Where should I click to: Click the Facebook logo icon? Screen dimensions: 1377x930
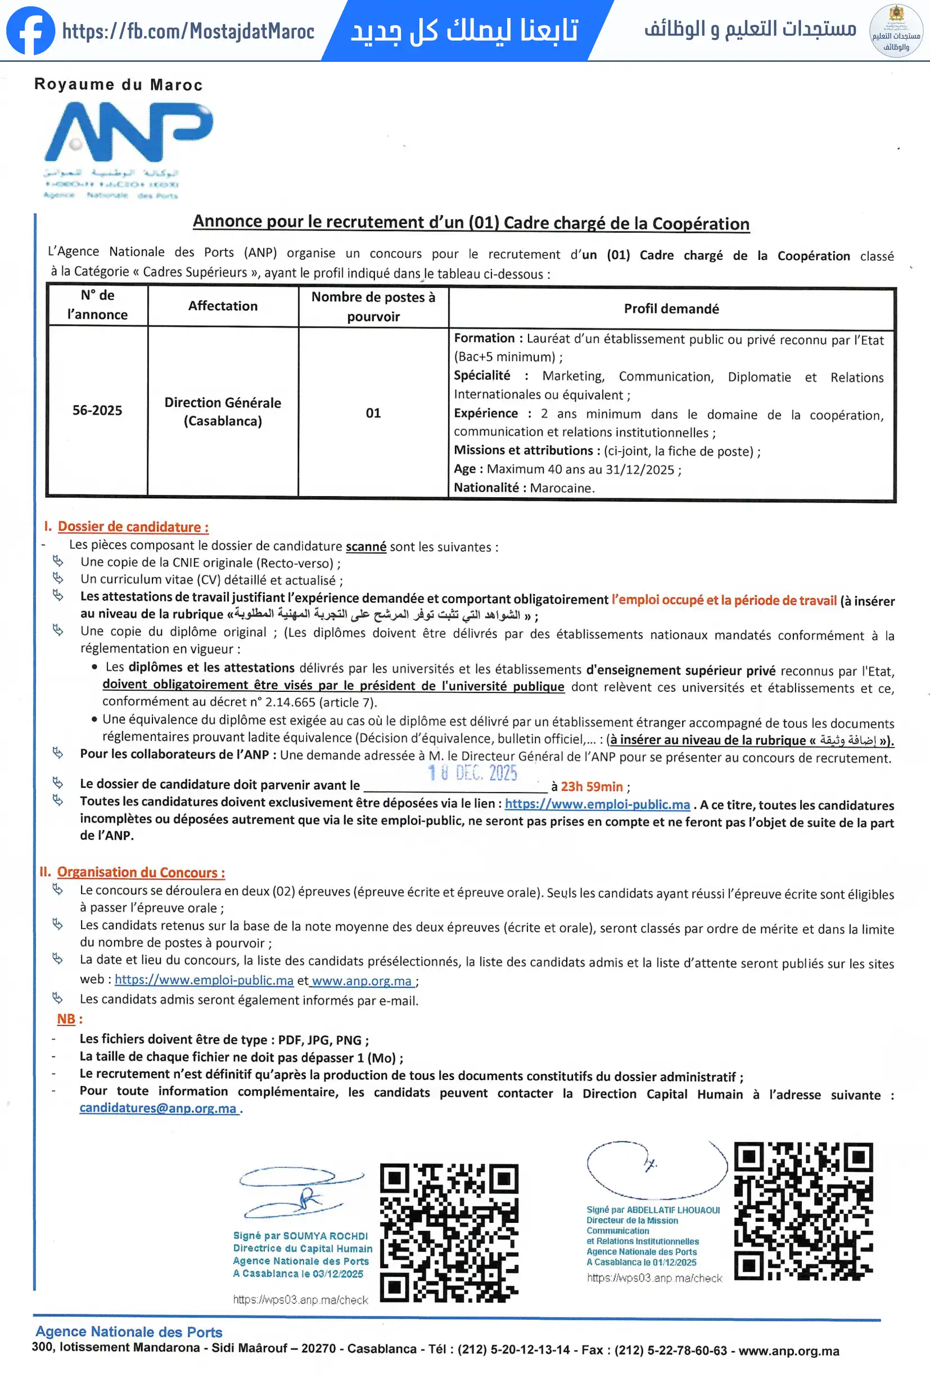[30, 31]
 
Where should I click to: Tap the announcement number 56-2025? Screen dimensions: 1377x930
[97, 410]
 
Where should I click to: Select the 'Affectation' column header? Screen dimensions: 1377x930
[223, 306]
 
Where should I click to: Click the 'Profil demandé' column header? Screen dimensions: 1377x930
[671, 308]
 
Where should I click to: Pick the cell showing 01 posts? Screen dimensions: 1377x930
[373, 412]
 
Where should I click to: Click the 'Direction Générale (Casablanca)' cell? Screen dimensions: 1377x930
[223, 411]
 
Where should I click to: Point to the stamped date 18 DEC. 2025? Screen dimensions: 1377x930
[473, 773]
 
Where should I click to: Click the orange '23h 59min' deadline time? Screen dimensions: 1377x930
[592, 786]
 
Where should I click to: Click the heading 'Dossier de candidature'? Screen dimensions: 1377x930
[133, 526]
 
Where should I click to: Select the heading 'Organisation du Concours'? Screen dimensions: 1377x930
[141, 872]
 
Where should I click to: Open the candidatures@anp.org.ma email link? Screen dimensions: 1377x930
[158, 1108]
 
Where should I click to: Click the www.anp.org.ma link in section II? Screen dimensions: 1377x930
[362, 980]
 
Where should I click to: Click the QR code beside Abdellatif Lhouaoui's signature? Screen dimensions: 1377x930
[803, 1211]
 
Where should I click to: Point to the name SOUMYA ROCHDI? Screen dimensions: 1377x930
[325, 1236]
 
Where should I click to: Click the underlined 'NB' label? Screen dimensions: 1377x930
[66, 1019]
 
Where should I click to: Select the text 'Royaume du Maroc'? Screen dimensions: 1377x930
[119, 85]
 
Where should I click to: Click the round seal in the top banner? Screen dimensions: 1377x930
[896, 31]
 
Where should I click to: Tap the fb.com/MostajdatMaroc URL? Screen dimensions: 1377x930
[188, 31]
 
